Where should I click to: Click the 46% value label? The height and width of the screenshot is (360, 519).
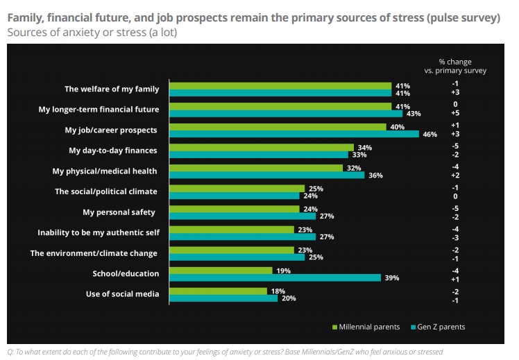click(x=429, y=135)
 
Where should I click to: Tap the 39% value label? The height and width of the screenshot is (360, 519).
click(x=391, y=277)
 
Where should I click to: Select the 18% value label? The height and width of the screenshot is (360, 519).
click(x=278, y=291)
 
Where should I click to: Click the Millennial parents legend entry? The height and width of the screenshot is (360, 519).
click(x=368, y=327)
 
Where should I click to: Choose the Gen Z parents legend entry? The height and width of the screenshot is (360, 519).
click(x=438, y=327)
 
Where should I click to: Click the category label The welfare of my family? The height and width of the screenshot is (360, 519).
click(x=112, y=89)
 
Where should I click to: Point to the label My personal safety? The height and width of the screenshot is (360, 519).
click(x=119, y=212)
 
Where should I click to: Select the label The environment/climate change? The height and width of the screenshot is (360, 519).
click(x=94, y=253)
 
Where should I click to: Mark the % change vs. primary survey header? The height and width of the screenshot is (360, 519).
click(x=454, y=66)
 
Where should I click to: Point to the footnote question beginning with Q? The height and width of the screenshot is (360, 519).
click(x=224, y=351)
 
